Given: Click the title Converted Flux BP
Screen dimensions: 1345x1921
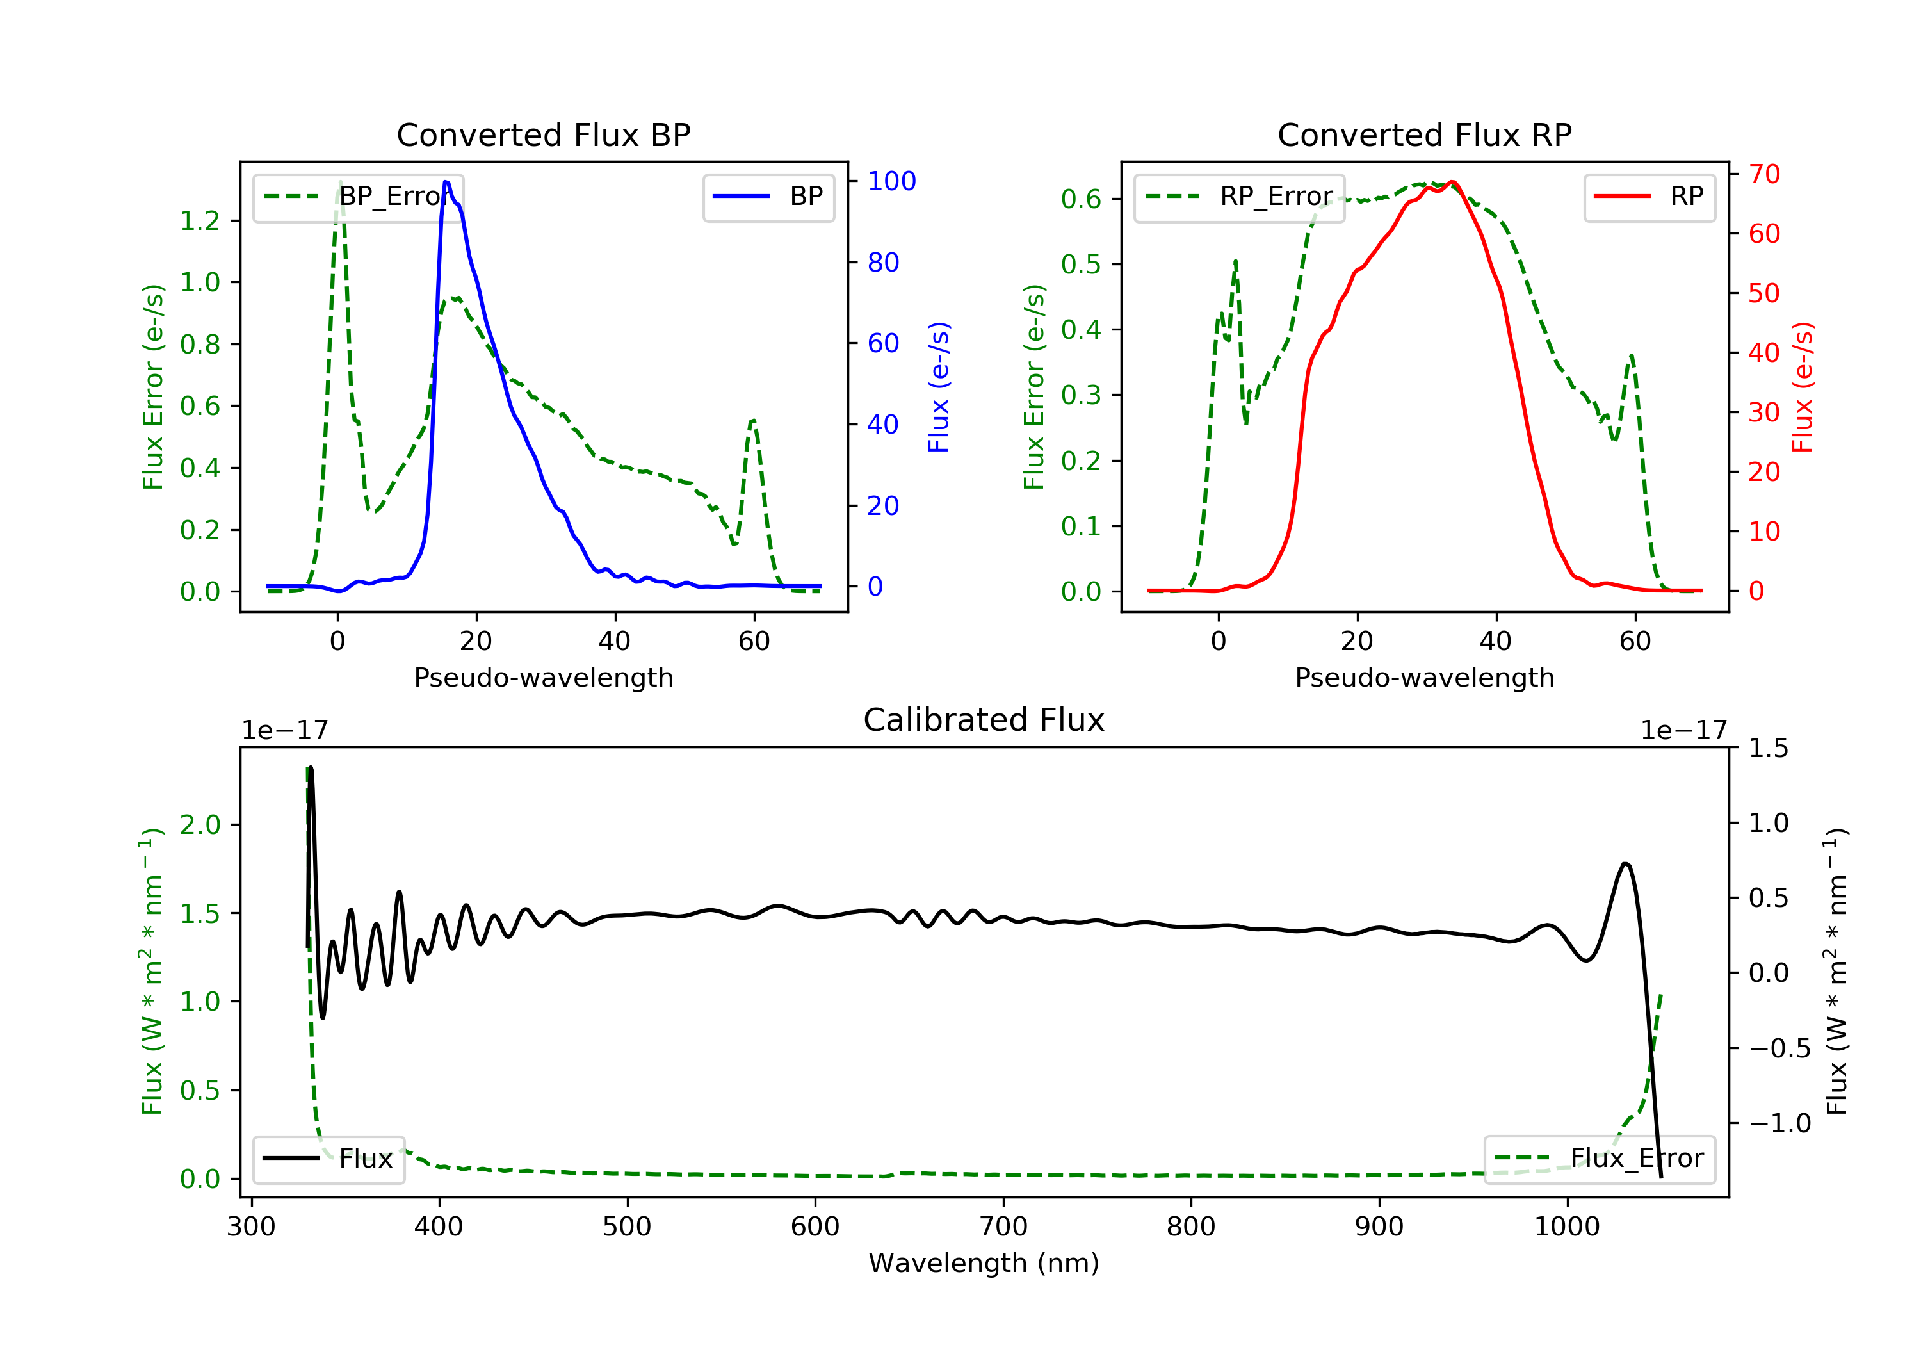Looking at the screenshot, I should pos(543,134).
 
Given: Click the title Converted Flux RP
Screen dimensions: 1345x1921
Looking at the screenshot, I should pos(1424,134).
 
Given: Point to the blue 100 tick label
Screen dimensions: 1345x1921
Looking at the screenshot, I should pos(891,181).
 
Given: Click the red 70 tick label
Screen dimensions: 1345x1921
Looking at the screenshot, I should pos(1763,174).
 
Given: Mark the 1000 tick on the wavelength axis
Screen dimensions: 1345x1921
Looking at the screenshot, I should pos(1566,1227).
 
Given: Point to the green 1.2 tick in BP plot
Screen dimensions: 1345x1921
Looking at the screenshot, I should pos(200,221).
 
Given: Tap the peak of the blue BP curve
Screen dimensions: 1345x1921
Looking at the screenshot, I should pos(446,182).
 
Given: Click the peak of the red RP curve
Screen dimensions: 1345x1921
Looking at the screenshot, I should pos(1452,182).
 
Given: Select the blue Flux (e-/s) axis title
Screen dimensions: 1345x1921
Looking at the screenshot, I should pos(939,387).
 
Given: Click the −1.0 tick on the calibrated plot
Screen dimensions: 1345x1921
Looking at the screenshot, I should pos(1779,1123).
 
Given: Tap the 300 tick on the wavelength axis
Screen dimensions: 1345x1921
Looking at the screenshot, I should pos(251,1227).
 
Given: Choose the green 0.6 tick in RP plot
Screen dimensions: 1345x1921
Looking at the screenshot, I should pos(1081,199).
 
